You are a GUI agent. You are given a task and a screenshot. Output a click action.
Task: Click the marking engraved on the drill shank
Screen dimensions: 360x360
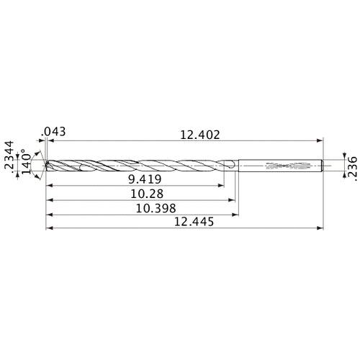pos(282,166)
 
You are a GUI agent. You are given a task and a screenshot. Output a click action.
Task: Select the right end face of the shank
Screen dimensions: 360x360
pos(321,166)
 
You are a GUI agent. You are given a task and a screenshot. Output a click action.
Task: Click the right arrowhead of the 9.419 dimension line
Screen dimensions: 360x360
pos(221,186)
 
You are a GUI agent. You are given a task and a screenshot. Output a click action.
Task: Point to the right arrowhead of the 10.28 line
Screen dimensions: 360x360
pos(233,202)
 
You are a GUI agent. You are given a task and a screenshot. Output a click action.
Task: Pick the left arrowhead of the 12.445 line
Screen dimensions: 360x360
pos(48,230)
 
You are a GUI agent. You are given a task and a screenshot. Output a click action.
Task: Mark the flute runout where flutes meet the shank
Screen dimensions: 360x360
pos(229,166)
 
